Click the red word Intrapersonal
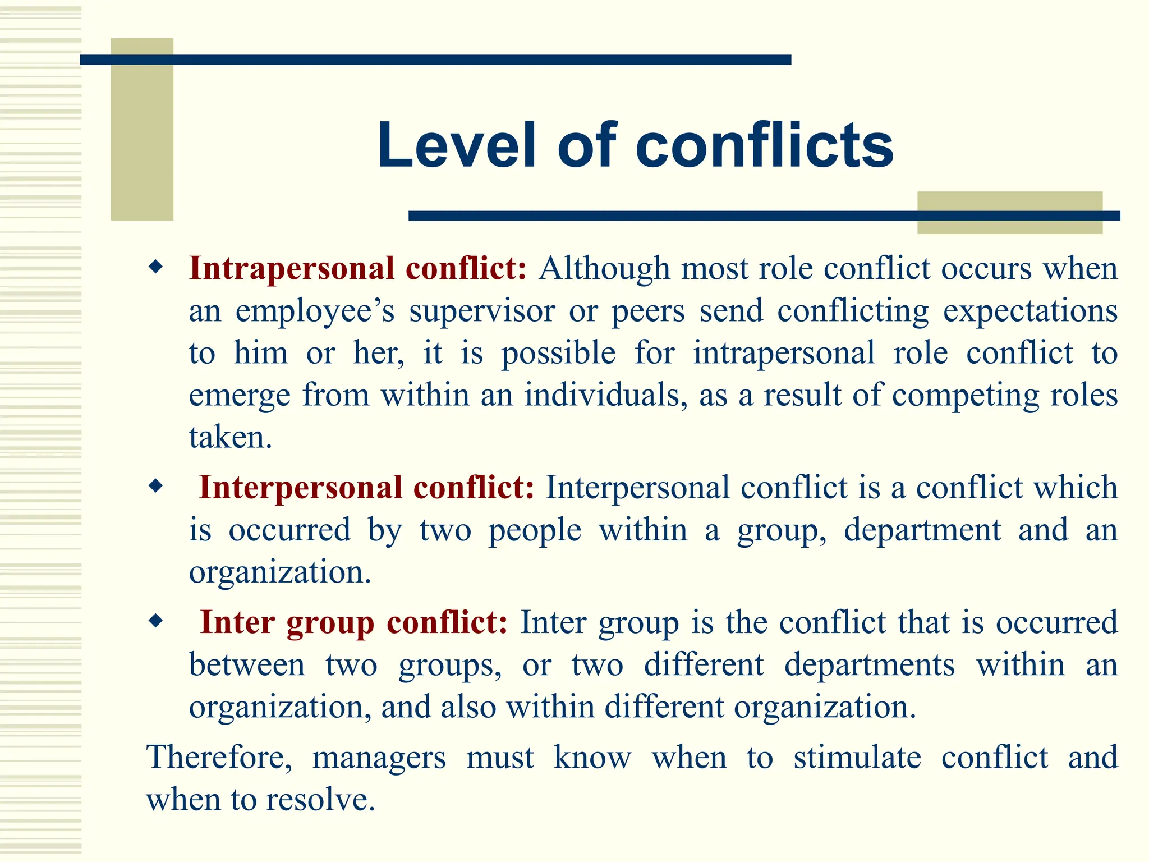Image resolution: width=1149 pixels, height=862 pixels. [x=292, y=269]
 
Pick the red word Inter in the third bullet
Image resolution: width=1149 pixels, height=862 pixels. [x=237, y=622]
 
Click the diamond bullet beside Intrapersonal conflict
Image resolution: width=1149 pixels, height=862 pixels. [x=155, y=267]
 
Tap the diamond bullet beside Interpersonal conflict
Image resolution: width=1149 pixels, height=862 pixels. [x=155, y=486]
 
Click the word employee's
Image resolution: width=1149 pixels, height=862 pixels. [x=315, y=312]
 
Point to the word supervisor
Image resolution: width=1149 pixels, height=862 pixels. [x=482, y=311]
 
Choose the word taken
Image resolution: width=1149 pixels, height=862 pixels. [x=230, y=437]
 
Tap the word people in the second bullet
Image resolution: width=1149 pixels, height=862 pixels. [x=535, y=531]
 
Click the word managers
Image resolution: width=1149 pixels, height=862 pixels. [x=379, y=758]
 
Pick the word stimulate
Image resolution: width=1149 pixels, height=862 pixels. [x=857, y=757]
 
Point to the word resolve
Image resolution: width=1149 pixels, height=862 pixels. [x=320, y=799]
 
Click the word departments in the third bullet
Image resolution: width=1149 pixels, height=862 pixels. [x=869, y=666]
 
